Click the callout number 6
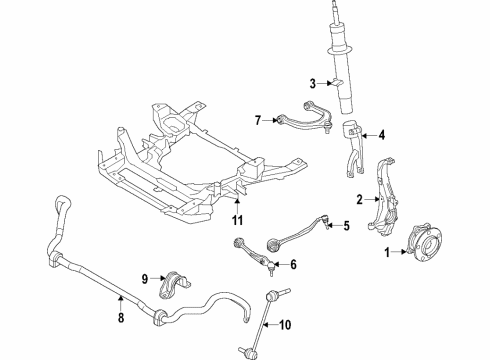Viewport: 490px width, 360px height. coord(293,265)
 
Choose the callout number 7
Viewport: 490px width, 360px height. coord(258,121)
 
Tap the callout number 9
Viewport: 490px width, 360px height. coord(144,277)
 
